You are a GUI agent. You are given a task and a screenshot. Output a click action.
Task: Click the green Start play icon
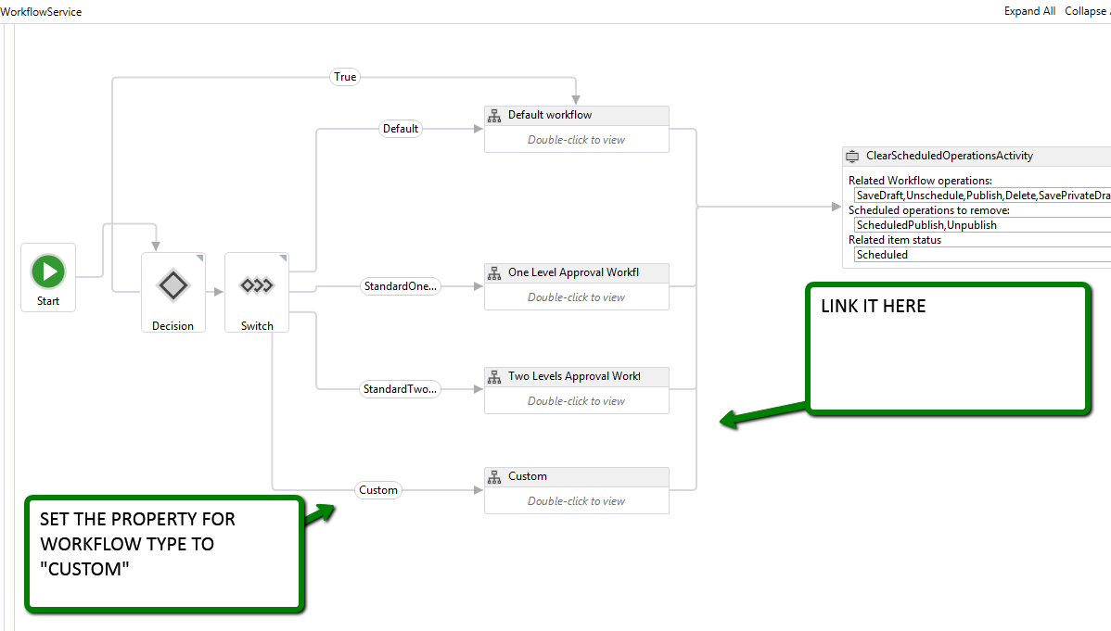pos(48,271)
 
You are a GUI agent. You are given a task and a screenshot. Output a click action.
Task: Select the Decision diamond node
pos(173,285)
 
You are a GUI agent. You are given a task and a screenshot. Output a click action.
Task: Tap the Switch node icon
pos(257,285)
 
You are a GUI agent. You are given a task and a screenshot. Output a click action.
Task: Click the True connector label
pos(345,77)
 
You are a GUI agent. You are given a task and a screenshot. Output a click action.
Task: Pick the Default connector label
pos(401,129)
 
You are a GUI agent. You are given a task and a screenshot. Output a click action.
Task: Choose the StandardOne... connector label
pos(400,286)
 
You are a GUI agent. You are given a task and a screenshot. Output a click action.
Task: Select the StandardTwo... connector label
pos(400,390)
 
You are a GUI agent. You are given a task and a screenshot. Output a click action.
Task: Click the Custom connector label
pos(378,490)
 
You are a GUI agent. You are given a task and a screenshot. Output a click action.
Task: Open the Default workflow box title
pos(550,116)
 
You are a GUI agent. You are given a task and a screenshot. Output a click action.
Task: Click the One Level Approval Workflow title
pos(573,273)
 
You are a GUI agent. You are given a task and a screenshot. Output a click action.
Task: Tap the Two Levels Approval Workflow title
pos(573,377)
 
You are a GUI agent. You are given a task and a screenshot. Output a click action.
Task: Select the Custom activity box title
pos(528,477)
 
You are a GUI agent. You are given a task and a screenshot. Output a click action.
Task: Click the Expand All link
pos(1029,11)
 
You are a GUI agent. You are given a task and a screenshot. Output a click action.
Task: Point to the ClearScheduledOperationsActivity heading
pos(950,157)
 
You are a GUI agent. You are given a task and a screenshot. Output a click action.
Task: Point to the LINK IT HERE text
pos(874,307)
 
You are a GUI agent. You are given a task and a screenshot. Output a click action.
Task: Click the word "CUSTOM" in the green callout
pos(84,570)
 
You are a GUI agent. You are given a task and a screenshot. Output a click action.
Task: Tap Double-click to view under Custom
pos(576,501)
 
